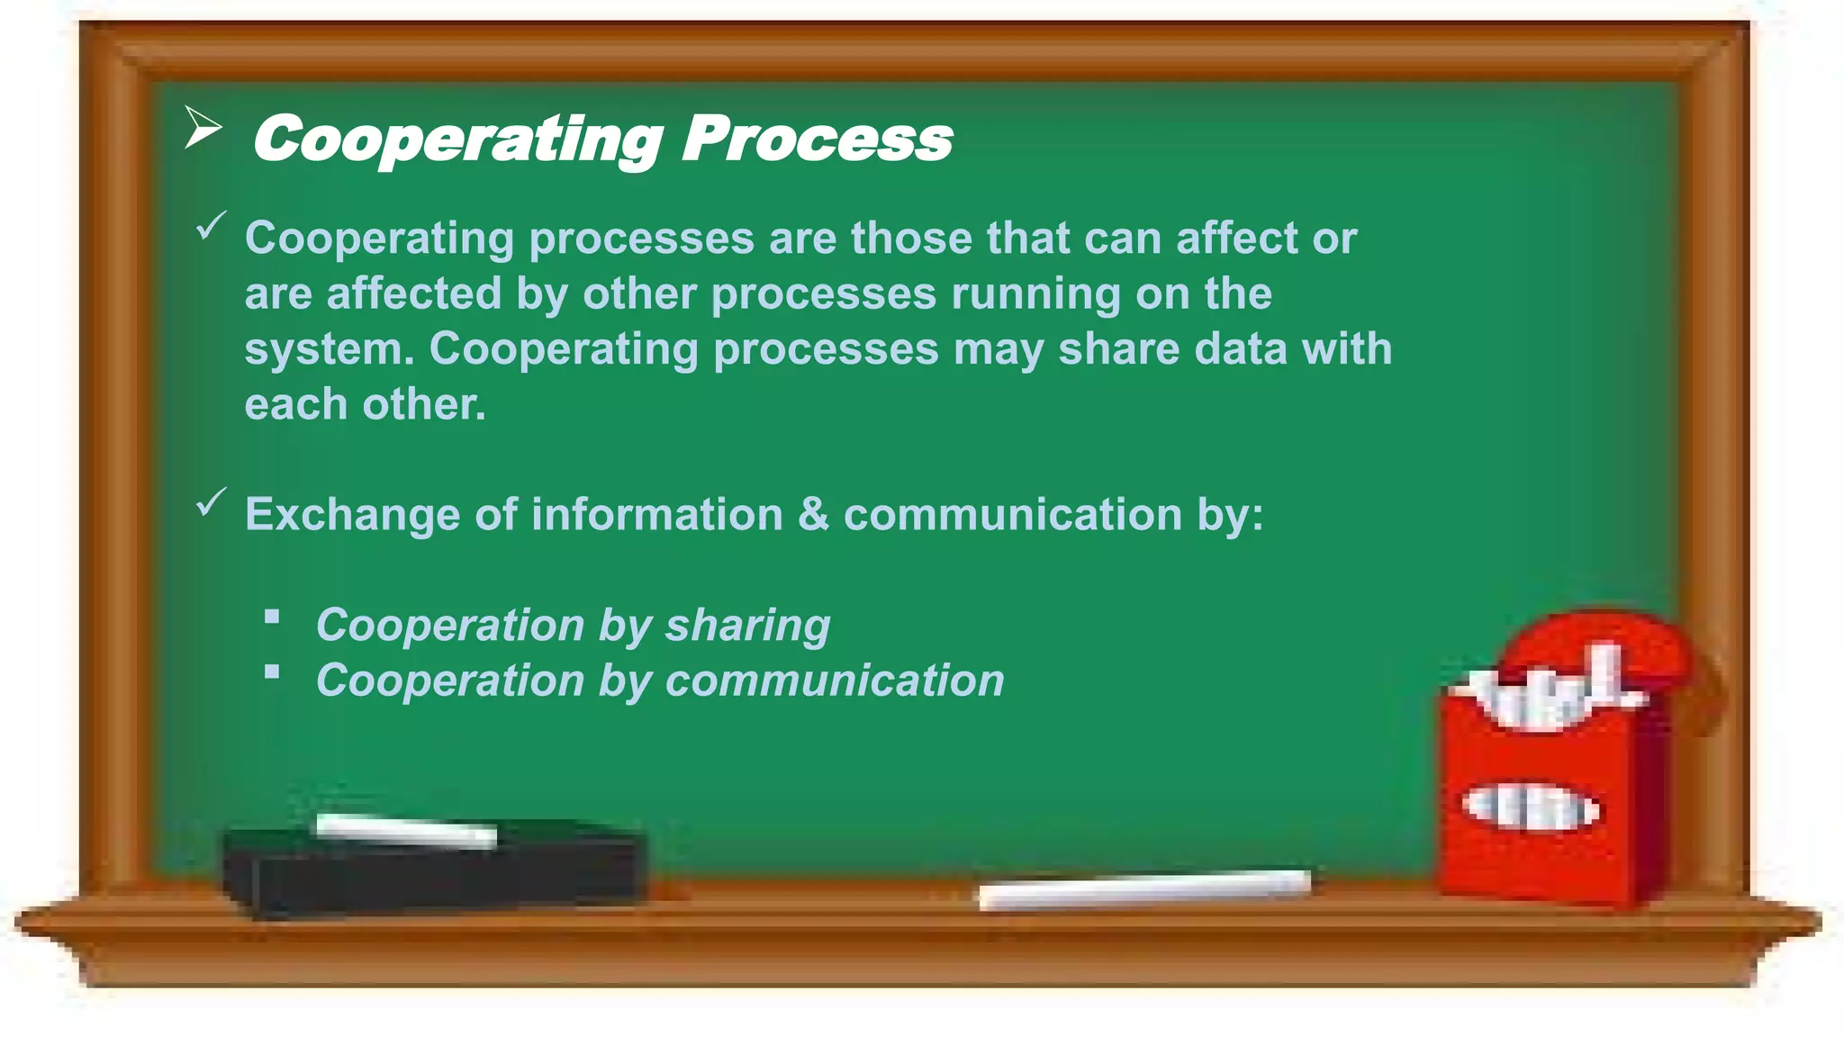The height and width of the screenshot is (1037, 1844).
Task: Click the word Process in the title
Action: pos(816,139)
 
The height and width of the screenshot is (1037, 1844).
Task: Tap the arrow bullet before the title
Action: pos(203,128)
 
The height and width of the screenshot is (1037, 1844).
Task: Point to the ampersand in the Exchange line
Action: pos(812,515)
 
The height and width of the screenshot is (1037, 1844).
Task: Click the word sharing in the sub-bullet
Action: pos(747,627)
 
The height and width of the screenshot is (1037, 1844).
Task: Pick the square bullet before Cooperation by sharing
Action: pos(272,618)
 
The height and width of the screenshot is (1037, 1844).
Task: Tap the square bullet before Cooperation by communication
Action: pos(272,672)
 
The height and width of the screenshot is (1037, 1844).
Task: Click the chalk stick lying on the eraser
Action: pos(405,830)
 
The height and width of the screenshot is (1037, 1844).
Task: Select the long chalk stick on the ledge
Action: pos(1143,888)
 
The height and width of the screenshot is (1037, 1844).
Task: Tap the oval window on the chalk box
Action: pos(1530,807)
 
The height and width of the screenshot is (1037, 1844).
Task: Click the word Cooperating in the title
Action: pos(457,140)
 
